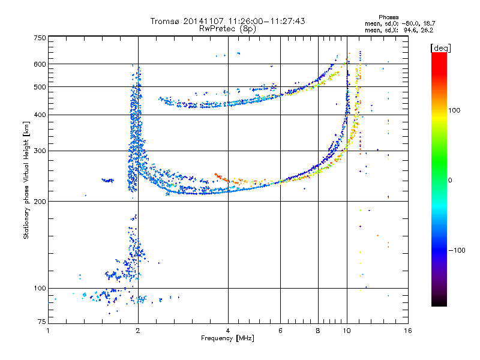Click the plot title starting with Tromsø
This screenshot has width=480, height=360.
tap(227, 21)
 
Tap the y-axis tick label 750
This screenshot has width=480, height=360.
tap(40, 38)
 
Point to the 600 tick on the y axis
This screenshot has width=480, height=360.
tap(40, 64)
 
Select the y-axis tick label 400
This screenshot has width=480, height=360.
tap(40, 115)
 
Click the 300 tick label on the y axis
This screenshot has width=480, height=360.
tap(40, 151)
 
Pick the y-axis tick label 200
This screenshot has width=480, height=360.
tap(40, 202)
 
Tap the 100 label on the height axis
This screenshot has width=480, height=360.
tap(40, 289)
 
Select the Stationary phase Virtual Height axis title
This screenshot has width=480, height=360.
tap(26, 180)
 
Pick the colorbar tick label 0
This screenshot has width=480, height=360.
tap(450, 180)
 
